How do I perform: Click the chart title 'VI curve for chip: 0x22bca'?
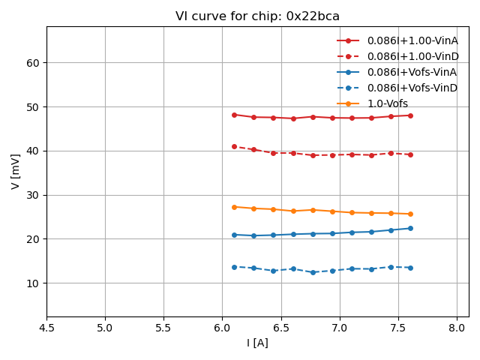click(x=257, y=16)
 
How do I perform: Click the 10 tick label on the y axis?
click(x=33, y=283)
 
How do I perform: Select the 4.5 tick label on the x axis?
click(x=46, y=328)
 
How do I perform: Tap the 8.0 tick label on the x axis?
click(x=457, y=328)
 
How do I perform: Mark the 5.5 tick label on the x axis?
click(x=163, y=328)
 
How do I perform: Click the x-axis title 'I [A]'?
click(x=257, y=343)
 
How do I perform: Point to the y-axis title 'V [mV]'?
click(x=16, y=171)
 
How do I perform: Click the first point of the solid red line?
click(x=234, y=115)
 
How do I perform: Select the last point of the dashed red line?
click(x=410, y=154)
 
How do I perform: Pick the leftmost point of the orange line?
click(x=234, y=207)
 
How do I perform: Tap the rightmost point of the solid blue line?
click(x=410, y=228)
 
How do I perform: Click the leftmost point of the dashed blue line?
click(x=234, y=267)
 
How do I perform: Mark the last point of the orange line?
click(x=410, y=214)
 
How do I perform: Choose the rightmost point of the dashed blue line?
click(x=410, y=268)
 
